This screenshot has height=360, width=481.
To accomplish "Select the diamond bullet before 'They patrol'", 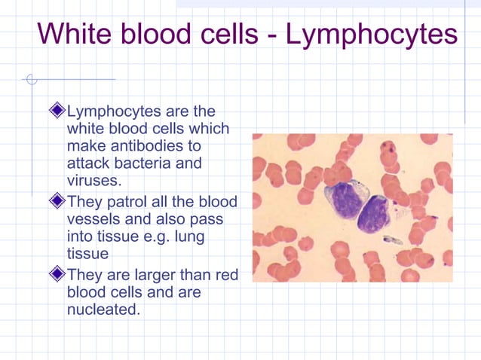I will point(58,201).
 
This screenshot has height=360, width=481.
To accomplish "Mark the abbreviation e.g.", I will point(161,236).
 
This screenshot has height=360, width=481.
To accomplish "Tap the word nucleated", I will point(103,309).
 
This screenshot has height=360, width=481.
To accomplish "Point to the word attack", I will point(88,163).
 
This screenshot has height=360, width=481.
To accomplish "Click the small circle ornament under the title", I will point(29,79).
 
